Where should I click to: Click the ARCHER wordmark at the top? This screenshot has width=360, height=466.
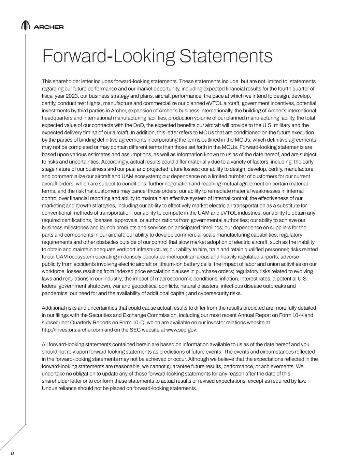49,27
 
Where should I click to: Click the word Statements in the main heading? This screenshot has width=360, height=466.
226,56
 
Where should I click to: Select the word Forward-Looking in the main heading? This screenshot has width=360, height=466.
109,56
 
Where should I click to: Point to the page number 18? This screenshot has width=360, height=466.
13,454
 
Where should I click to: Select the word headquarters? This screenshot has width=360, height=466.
57,118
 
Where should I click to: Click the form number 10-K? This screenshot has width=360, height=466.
298,315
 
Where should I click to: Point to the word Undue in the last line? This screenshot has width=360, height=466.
49,388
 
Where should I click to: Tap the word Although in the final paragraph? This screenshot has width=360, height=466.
199,359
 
